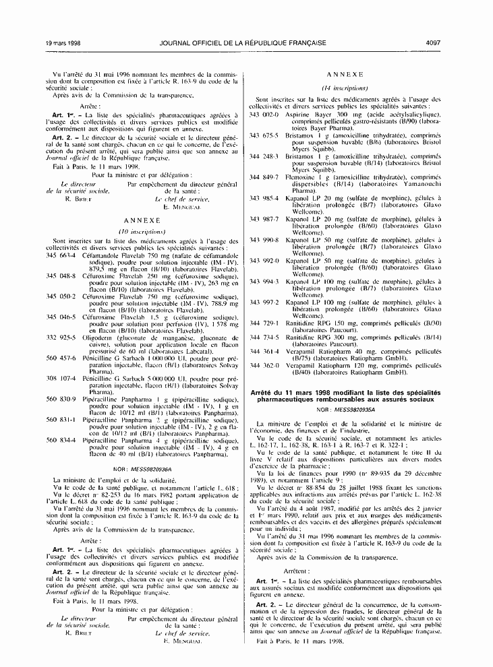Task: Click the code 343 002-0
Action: (264, 115)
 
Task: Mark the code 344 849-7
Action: (264, 177)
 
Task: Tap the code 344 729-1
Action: (264, 323)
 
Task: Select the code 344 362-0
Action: (264, 366)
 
